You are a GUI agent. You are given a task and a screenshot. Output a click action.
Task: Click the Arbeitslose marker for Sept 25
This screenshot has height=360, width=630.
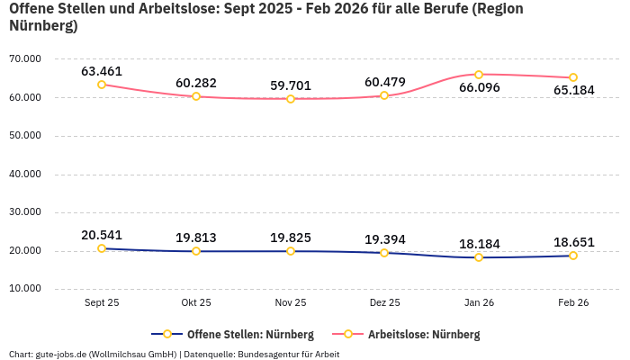coord(102,85)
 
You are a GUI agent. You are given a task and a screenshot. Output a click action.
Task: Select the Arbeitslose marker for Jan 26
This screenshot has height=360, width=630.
coord(479,75)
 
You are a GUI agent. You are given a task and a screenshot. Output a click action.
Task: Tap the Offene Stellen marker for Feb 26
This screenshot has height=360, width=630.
coord(573,256)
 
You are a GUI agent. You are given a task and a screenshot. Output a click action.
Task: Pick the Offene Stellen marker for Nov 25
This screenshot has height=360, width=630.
coord(291,251)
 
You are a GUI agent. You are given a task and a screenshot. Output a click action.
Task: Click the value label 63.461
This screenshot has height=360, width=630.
coord(102,71)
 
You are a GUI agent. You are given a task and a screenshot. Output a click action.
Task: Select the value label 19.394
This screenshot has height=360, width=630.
coord(385,239)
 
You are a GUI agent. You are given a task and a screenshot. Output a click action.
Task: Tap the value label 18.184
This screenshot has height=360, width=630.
coord(479,244)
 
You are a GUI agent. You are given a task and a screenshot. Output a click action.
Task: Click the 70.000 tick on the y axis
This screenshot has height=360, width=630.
coord(25,58)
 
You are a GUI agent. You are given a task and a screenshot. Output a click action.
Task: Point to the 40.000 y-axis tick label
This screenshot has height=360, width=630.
coord(25,175)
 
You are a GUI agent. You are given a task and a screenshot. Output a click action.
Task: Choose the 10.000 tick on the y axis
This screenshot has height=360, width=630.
coord(25,290)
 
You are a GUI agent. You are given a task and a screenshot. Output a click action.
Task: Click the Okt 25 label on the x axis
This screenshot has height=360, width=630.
coord(196,303)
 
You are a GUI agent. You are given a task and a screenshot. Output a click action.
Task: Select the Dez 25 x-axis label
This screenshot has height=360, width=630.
coord(385,303)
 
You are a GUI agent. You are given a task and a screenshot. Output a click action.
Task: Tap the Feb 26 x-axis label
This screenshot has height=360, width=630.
coord(573,303)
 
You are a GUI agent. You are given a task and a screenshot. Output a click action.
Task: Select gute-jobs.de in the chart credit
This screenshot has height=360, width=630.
coord(59,354)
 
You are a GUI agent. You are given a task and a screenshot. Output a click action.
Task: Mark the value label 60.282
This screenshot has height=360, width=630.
coord(196,83)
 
